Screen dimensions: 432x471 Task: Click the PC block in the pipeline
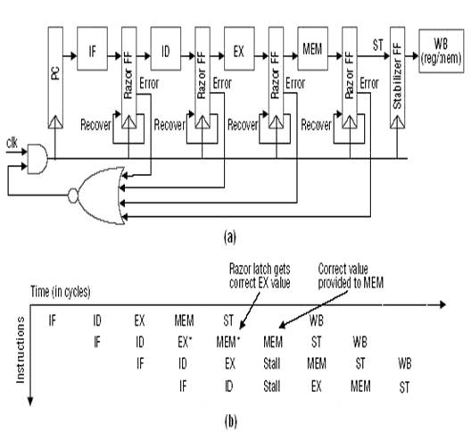point(56,84)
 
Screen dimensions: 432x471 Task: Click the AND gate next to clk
point(37,160)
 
